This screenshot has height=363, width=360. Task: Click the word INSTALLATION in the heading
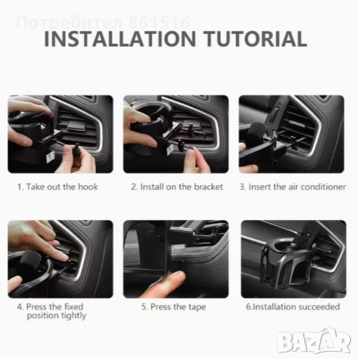[120, 39]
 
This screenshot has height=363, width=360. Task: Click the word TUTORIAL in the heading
[256, 39]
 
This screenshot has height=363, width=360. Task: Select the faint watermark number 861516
[159, 23]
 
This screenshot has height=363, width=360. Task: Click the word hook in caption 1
[88, 187]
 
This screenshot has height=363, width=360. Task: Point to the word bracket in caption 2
[209, 187]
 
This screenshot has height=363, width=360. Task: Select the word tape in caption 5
[197, 307]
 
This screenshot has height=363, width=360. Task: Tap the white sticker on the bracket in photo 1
[50, 158]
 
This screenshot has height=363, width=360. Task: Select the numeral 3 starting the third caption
[242, 188]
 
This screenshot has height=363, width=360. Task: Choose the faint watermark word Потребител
[70, 23]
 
